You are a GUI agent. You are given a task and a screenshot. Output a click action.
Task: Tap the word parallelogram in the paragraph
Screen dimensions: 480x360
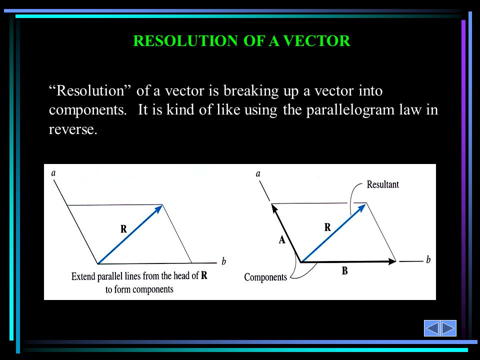(x=350, y=110)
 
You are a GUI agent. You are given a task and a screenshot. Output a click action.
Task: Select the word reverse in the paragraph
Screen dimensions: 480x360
(x=73, y=129)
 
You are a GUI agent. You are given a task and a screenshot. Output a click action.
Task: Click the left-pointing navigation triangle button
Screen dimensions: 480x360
(x=432, y=328)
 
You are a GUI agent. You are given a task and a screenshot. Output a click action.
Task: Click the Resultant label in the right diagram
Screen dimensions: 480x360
(x=382, y=184)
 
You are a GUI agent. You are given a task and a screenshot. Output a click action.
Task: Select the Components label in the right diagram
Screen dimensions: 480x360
(x=265, y=277)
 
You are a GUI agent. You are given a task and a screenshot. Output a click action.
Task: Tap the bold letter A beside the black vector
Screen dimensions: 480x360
(x=282, y=239)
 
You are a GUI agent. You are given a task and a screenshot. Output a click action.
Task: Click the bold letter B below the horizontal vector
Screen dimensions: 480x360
(x=344, y=270)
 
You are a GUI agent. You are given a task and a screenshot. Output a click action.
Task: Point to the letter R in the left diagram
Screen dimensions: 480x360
(x=123, y=228)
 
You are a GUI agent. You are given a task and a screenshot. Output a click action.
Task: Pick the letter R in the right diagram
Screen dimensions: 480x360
(x=327, y=227)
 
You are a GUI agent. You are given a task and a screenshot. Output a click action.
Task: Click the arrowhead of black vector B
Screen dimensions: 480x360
(x=392, y=261)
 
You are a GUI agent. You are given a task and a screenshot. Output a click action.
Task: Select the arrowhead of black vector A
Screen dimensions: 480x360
(x=274, y=208)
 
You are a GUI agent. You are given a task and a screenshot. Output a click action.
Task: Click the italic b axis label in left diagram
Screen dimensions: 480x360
(x=224, y=261)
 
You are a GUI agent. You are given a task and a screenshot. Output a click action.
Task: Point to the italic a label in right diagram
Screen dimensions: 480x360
(x=258, y=174)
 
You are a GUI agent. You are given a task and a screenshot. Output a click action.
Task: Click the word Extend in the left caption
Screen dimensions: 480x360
(x=83, y=276)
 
